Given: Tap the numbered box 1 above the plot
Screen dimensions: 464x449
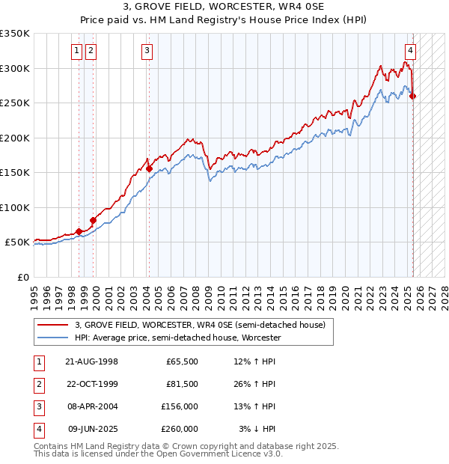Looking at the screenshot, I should pyautogui.click(x=77, y=51).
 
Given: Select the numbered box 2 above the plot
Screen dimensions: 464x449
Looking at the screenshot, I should pyautogui.click(x=91, y=51).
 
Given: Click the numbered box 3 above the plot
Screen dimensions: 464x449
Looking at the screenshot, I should pyautogui.click(x=147, y=51).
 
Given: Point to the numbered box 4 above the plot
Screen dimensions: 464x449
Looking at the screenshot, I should pyautogui.click(x=410, y=51).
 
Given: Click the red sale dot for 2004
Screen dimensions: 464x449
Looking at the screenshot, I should pyautogui.click(x=149, y=169).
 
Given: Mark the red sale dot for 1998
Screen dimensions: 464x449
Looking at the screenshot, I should pyautogui.click(x=79, y=232).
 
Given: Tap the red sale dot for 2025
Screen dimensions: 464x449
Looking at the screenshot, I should pyautogui.click(x=413, y=97).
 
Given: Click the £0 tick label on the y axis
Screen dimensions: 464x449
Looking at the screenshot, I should pyautogui.click(x=23, y=277).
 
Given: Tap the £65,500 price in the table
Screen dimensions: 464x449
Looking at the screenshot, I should pyautogui.click(x=182, y=361).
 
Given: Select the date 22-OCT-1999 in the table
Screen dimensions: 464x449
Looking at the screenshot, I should pyautogui.click(x=92, y=384).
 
